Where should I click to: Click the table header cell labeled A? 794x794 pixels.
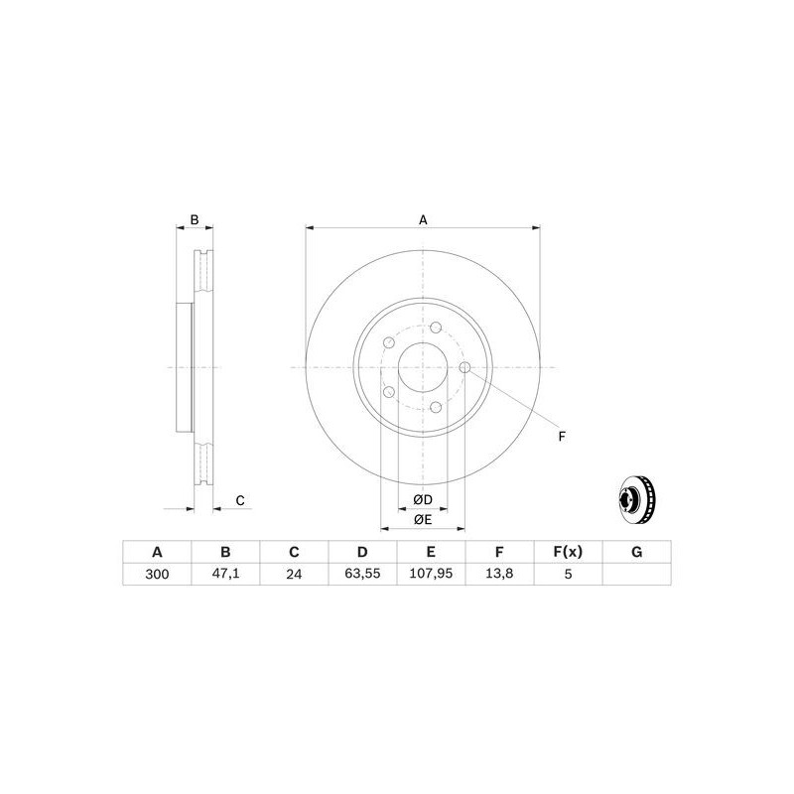point(156,552)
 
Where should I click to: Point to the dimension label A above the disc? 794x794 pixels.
point(423,219)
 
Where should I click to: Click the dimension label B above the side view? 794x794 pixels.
point(196,219)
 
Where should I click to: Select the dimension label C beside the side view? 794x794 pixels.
point(239,500)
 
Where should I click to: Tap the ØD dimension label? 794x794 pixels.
point(423,498)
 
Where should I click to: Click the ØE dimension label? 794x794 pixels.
point(423,519)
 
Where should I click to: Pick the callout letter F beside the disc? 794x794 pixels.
point(561,437)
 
